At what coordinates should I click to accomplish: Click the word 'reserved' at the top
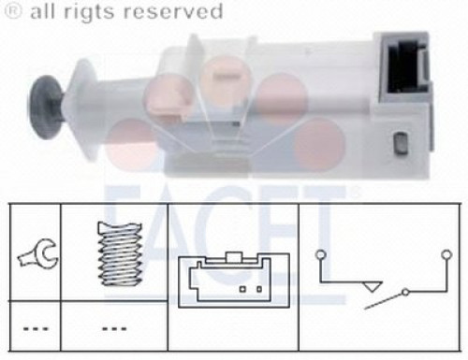pos(173,11)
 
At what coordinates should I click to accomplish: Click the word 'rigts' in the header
pos(89,12)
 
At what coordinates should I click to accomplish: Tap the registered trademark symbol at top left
pos(14,11)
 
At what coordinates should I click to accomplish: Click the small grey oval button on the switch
pos(400,143)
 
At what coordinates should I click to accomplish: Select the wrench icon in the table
pos(38,254)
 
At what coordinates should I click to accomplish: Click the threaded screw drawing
pos(120,253)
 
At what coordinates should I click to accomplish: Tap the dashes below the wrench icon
pos(36,328)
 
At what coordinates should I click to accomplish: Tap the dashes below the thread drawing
pos(114,328)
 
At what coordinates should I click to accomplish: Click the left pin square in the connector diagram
pos(242,289)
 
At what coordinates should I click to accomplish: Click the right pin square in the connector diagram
pos(259,289)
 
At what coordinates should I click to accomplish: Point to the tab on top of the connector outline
pos(234,257)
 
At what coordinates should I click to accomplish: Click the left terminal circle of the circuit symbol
pos(320,254)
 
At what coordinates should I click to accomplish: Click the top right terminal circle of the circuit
pos(447,254)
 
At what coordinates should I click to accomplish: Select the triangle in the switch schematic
pos(372,287)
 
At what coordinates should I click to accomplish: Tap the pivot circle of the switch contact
pos(405,292)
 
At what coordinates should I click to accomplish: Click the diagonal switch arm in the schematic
pos(384,301)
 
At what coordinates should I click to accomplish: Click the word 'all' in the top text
pos(43,11)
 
